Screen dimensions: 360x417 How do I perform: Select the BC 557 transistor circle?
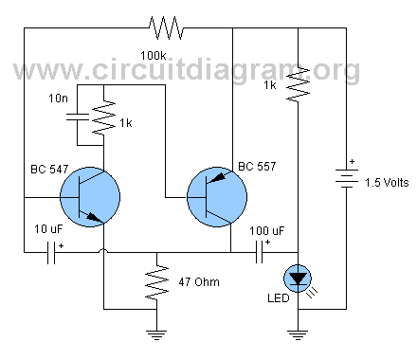point(216,198)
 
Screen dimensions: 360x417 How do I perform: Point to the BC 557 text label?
point(257,168)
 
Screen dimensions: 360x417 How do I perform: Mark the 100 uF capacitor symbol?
point(259,254)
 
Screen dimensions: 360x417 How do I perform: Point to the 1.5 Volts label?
point(384,182)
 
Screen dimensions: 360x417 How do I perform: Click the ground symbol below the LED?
point(299,334)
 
